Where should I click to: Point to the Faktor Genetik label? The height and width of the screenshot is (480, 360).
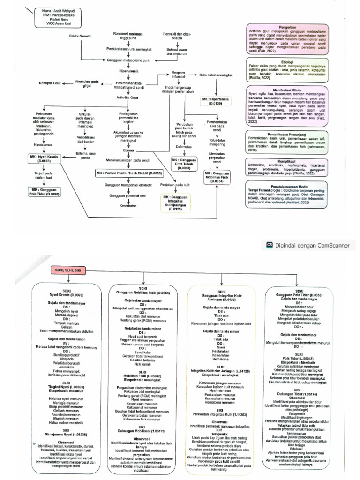pos(80,36)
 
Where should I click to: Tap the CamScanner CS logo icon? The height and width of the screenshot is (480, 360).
pos(270,244)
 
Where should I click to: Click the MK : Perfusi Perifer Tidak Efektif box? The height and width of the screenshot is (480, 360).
pos(129,173)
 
